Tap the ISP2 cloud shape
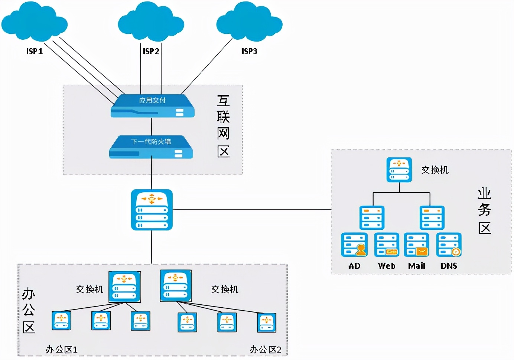151,22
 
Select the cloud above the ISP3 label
249,22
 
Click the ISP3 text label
249,51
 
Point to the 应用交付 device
152,106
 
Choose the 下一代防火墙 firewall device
151,147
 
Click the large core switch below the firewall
152,210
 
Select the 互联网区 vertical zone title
223,126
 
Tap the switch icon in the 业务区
399,170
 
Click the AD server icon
354,245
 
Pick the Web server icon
387,245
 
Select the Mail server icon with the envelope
417,245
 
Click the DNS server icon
449,245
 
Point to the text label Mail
417,266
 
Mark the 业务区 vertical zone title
485,211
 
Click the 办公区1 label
61,350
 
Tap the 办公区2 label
265,350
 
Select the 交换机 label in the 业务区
435,170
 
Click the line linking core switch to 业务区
253,209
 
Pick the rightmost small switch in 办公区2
267,323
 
